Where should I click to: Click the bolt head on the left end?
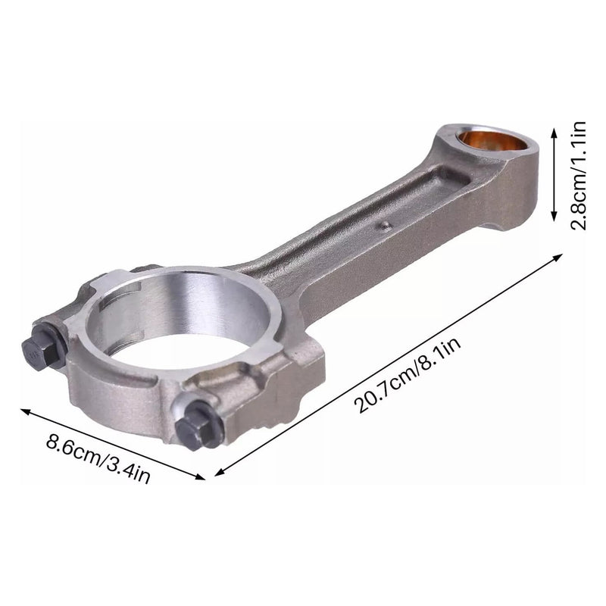[x=35, y=351]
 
